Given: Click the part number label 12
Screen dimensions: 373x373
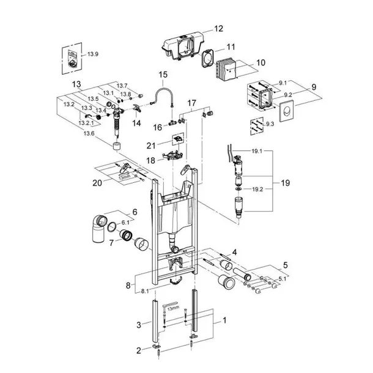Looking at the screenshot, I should (219, 29).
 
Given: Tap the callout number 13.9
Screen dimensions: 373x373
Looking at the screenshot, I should (93, 54).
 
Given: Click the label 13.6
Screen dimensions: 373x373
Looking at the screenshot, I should (89, 133).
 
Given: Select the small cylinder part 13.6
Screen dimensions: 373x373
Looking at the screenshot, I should (115, 146).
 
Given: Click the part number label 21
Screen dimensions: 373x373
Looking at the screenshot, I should (151, 144).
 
